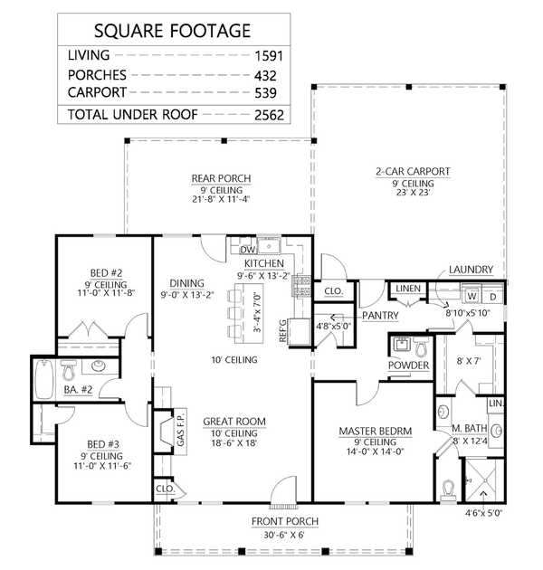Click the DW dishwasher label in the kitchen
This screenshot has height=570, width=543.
pos(245,249)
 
